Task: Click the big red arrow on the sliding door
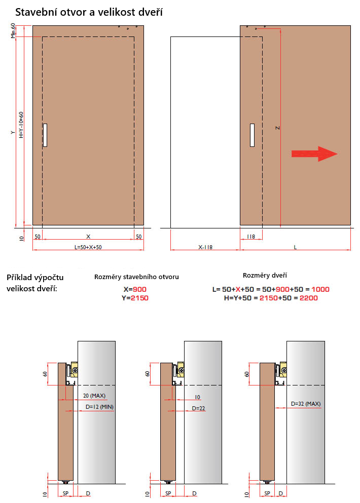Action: click(314, 154)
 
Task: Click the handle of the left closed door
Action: click(45, 135)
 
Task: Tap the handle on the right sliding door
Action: click(252, 135)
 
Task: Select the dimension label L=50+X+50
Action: click(88, 247)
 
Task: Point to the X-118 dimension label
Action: click(205, 247)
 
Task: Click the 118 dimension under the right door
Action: click(251, 237)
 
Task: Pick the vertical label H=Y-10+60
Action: click(21, 125)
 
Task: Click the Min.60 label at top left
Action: click(13, 30)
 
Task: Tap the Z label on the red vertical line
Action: click(278, 128)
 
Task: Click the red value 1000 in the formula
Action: click(320, 289)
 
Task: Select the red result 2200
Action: click(309, 298)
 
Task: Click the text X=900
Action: click(135, 289)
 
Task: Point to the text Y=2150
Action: click(135, 298)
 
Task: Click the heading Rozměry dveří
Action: click(265, 275)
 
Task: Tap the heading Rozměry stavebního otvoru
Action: click(136, 277)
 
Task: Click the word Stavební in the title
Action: click(35, 12)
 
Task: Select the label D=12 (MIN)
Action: click(99, 407)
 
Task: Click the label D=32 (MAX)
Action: click(306, 404)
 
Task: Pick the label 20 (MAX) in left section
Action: click(94, 396)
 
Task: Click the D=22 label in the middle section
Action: click(198, 408)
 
